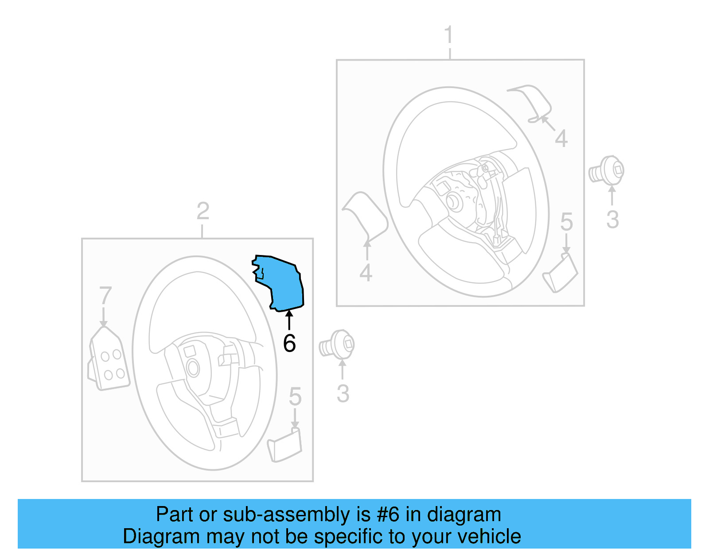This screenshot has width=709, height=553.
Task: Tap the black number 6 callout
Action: click(x=289, y=344)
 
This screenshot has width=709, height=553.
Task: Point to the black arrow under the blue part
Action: click(x=289, y=320)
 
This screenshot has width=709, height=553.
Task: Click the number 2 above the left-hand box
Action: click(x=203, y=211)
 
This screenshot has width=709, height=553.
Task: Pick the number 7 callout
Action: click(x=105, y=295)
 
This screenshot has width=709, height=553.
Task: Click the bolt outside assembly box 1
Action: click(x=607, y=170)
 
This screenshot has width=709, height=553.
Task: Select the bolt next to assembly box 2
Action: click(x=338, y=344)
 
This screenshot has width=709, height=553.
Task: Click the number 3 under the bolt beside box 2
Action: click(x=343, y=394)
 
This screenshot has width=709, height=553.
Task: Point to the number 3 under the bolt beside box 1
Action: click(x=612, y=220)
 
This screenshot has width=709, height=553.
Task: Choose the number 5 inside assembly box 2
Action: click(x=295, y=397)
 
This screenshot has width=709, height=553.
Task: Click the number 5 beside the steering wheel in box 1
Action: click(x=566, y=222)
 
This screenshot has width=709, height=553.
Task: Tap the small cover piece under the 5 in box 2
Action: click(x=285, y=446)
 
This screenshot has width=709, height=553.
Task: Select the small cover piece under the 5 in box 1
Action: click(x=561, y=273)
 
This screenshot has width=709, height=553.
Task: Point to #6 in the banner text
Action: click(x=388, y=515)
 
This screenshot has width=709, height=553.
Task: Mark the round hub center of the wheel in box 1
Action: click(x=454, y=201)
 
